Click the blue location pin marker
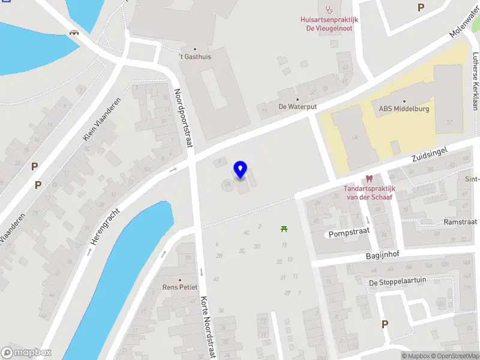click(241, 170)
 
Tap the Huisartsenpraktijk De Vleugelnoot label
click(329, 23)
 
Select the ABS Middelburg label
click(404, 109)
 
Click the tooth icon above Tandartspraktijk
click(369, 178)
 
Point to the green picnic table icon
click(284, 228)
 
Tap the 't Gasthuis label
click(195, 57)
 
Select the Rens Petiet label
click(180, 287)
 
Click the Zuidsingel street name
click(430, 152)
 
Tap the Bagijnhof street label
click(383, 254)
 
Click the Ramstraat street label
click(460, 221)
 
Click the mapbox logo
click(26, 353)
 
